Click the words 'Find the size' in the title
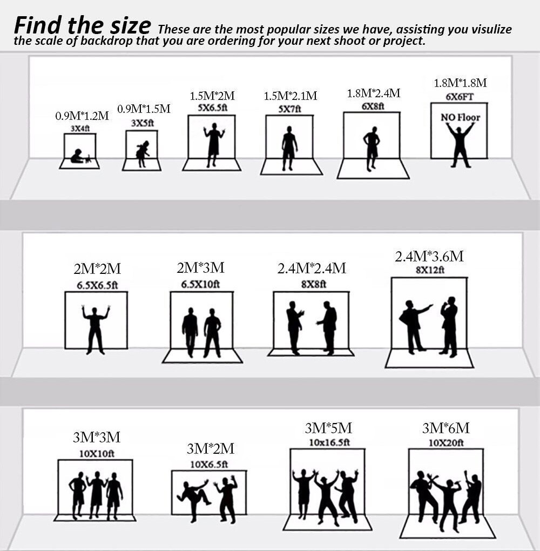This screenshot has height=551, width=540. coord(83,25)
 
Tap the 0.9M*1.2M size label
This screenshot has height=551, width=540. coord(82,116)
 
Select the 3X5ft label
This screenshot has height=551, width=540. coord(143,123)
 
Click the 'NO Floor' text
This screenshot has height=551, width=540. coord(460,117)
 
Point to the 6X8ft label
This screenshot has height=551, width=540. coord(373,106)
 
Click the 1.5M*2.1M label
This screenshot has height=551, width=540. coord(290,96)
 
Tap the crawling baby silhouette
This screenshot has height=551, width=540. coord(80,157)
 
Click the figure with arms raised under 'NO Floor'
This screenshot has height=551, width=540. coord(460,145)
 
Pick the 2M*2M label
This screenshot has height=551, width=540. coord(97,269)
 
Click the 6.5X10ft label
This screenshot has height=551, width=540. coord(200,284)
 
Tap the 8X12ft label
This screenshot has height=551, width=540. coord(430,270)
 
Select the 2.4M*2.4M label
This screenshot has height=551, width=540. coord(311,268)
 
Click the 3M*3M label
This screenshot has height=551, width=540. coord(97,437)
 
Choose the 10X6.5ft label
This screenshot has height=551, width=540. coord(209,464)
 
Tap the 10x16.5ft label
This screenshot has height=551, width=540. coord(329,442)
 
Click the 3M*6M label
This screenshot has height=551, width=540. coord(446,428)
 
